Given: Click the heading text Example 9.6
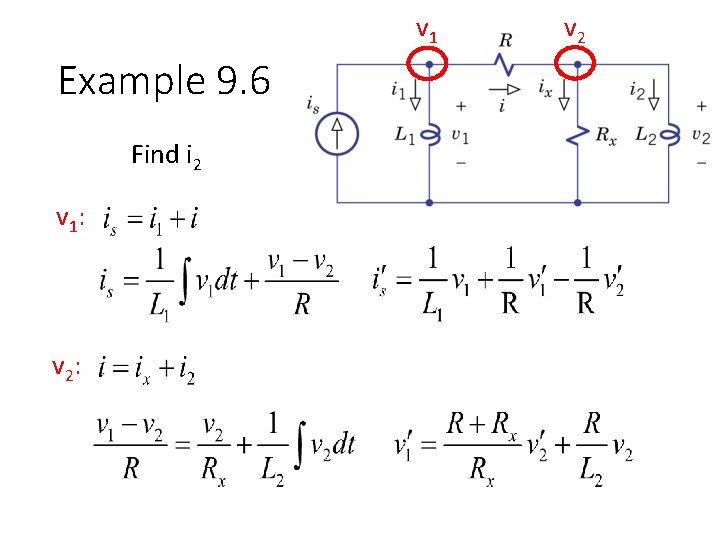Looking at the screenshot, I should (x=164, y=81).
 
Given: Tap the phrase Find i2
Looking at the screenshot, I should (x=166, y=156).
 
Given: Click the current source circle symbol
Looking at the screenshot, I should (x=338, y=132).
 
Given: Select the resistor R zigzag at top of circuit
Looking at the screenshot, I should (x=504, y=65).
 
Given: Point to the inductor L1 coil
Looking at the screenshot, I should (x=429, y=134).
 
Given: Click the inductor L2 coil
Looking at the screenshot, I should (x=669, y=134).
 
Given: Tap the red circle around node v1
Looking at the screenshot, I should (x=429, y=65).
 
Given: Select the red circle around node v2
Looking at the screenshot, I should (x=577, y=65).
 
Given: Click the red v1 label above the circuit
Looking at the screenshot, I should (x=427, y=34).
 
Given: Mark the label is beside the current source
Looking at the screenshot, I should (x=313, y=103).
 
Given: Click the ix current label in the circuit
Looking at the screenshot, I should (x=545, y=87).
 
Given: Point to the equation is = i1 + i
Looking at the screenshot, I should (x=149, y=217).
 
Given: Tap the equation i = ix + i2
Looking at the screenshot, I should (x=147, y=371).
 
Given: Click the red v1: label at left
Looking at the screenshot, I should (x=69, y=219).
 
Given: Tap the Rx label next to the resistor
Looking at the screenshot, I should (x=606, y=136).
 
